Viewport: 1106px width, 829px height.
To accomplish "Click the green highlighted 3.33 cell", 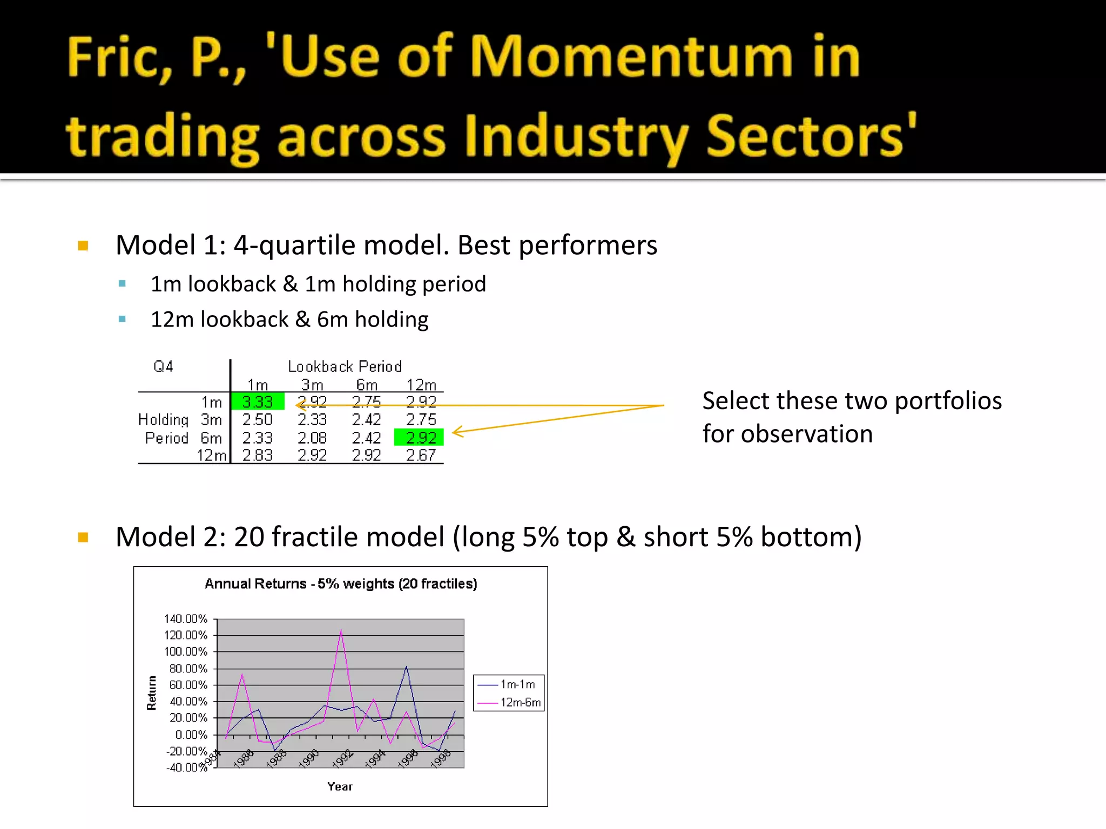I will (258, 402).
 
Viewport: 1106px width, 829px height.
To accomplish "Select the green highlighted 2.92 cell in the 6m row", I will (419, 437).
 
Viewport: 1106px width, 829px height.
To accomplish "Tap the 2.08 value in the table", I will (312, 438).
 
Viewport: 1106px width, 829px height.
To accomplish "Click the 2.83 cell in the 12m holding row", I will (258, 456).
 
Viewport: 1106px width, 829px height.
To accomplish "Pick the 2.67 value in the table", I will (421, 456).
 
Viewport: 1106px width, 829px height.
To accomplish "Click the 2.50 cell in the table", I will (258, 419).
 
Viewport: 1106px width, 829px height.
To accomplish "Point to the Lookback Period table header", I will (345, 366).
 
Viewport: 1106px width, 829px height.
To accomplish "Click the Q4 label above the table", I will (163, 366).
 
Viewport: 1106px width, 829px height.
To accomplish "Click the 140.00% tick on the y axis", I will (186, 619).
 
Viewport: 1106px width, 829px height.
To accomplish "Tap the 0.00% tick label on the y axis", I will (191, 735).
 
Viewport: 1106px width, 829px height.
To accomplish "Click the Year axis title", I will (340, 786).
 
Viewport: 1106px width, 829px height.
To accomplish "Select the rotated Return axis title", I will (152, 692).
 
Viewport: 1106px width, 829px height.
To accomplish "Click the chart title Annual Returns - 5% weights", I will (341, 583).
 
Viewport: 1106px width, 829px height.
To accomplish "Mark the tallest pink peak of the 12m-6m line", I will (341, 630).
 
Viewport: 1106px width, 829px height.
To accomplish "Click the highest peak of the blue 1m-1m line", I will (406, 667).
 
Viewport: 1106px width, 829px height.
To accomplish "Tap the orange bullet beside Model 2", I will (83, 537).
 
